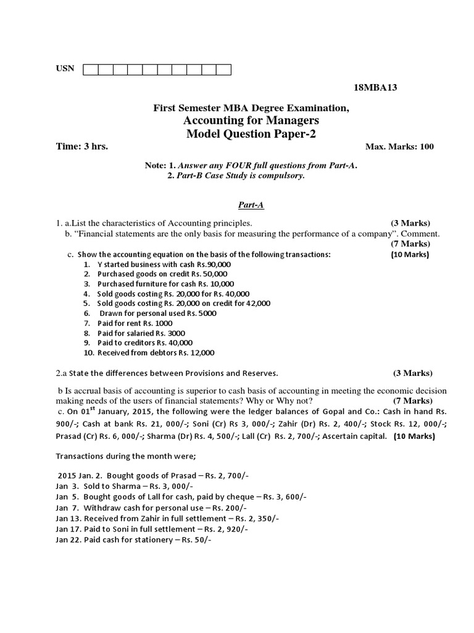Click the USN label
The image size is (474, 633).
pyautogui.click(x=65, y=68)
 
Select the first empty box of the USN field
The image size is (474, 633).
pyautogui.click(x=90, y=69)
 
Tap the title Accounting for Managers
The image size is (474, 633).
pyautogui.click(x=251, y=121)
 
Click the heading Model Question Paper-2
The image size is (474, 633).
pyautogui.click(x=251, y=134)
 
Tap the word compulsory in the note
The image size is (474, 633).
pyautogui.click(x=279, y=176)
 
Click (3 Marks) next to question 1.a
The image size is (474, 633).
pyautogui.click(x=410, y=223)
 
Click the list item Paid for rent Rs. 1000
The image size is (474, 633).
pyautogui.click(x=135, y=323)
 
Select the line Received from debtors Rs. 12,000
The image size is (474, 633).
pyautogui.click(x=156, y=353)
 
